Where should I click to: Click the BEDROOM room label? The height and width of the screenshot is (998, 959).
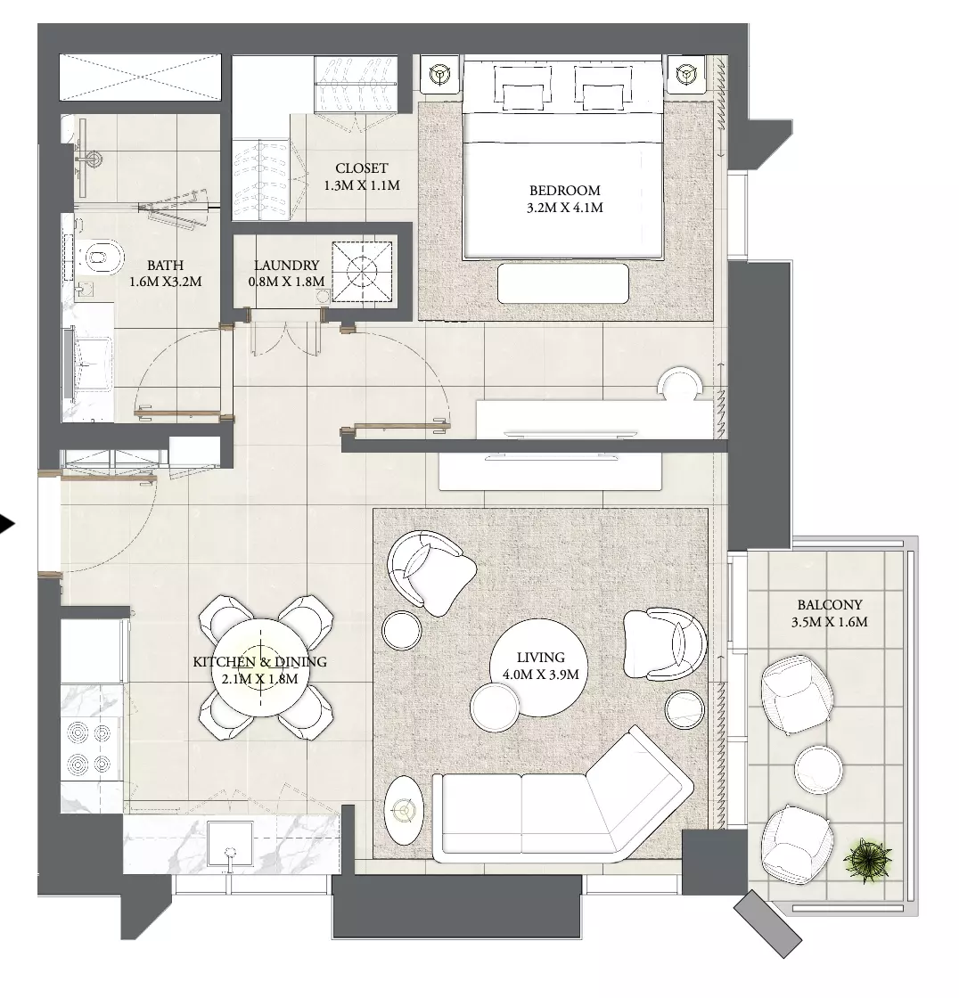pos(565,191)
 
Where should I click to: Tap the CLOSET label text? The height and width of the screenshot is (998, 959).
pos(362,168)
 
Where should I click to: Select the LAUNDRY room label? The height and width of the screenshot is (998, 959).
pos(287,266)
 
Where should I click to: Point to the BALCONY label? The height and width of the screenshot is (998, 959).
pos(830,605)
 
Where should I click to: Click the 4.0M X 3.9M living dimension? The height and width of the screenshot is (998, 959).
pos(541,675)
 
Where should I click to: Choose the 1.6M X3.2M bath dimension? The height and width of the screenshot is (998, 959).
pos(166,282)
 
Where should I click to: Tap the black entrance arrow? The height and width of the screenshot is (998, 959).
pos(7,524)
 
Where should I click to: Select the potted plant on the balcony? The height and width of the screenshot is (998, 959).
pos(867,861)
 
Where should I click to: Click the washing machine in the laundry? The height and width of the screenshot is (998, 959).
pos(362,273)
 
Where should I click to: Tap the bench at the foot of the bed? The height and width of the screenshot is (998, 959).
pos(563,283)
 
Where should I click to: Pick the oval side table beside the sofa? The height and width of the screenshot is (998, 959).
pos(404,810)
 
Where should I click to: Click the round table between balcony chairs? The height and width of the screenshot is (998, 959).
pos(819,769)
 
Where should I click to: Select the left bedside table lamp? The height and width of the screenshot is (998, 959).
pos(440,75)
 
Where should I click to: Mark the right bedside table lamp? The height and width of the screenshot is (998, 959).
pos(685,75)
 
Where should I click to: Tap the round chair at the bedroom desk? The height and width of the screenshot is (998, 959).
pos(680,384)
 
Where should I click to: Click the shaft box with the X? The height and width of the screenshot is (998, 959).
pos(140,77)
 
